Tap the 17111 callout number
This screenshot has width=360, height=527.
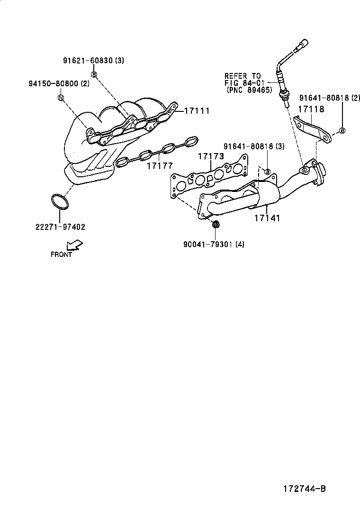click(x=196, y=110)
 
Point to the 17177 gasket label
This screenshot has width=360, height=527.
click(x=160, y=166)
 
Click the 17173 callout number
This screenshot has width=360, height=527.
click(x=211, y=156)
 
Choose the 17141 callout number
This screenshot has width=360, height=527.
click(x=267, y=218)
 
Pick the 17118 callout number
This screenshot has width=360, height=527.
click(x=311, y=109)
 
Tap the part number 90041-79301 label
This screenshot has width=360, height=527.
click(x=214, y=244)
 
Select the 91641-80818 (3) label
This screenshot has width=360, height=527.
click(x=254, y=147)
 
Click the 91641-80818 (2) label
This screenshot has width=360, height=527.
click(x=330, y=98)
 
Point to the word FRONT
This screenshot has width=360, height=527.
click(x=61, y=254)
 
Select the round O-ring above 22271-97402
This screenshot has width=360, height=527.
click(x=59, y=201)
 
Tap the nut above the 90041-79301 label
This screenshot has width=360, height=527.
click(x=216, y=224)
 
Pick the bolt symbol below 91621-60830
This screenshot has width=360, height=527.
click(x=94, y=74)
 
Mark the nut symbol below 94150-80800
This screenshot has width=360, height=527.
click(x=61, y=98)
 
